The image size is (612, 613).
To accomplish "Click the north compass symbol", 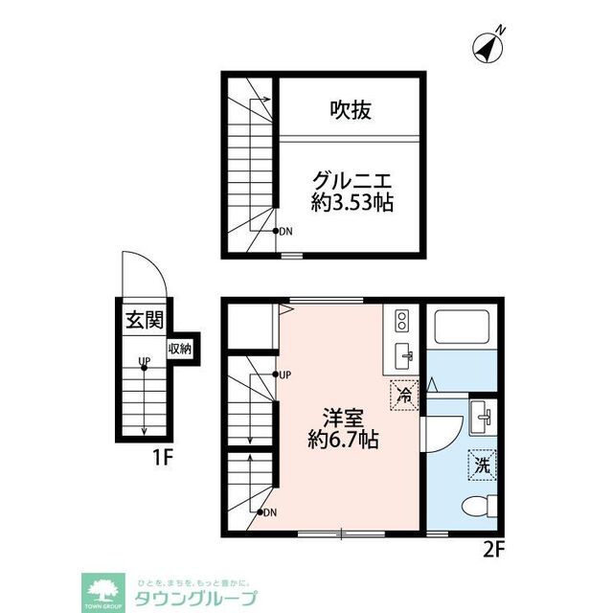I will (x=490, y=46).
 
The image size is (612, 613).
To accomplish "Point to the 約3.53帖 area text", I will (x=352, y=203).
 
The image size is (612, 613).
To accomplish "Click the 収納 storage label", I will (x=179, y=350).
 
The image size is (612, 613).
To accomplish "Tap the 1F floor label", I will (x=160, y=457).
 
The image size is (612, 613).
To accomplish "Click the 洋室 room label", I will (x=341, y=418).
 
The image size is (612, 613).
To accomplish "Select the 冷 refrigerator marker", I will (x=404, y=394).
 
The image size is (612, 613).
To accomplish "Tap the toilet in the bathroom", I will (x=476, y=507).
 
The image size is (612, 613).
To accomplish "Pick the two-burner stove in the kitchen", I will (x=401, y=319).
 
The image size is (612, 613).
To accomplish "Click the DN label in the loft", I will (x=286, y=231).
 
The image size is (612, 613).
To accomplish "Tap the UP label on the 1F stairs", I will (x=143, y=362).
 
